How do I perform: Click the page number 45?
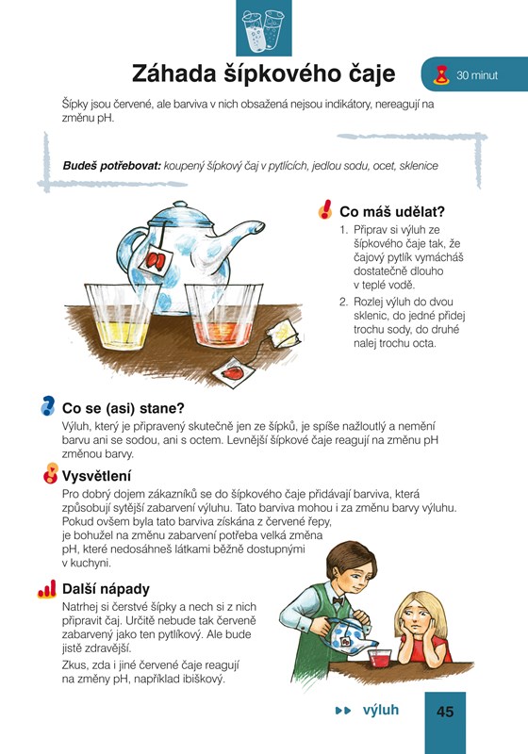click(x=445, y=712)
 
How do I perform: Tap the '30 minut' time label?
click(x=477, y=75)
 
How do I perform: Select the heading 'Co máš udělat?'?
click(x=392, y=211)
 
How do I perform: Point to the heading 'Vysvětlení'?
click(x=96, y=476)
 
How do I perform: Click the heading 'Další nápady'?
click(x=106, y=588)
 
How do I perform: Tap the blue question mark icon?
click(x=47, y=406)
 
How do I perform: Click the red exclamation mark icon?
click(x=325, y=209)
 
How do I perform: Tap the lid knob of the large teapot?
click(x=180, y=205)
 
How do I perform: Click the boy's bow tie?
click(x=338, y=600)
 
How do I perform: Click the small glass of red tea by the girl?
click(x=380, y=658)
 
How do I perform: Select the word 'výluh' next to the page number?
click(x=381, y=711)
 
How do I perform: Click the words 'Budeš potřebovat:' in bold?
click(x=111, y=166)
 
